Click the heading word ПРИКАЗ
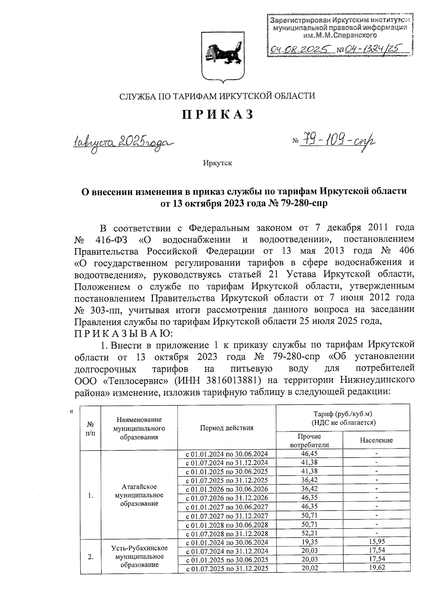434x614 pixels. click(x=217, y=114)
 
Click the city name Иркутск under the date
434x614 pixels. click(x=217, y=163)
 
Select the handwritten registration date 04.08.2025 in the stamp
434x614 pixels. click(x=300, y=49)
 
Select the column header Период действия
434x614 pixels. click(x=227, y=428)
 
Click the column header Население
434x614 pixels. click(x=376, y=440)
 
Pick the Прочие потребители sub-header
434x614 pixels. click(x=309, y=440)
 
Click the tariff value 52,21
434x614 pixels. click(x=309, y=533)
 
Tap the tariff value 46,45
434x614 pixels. click(x=309, y=454)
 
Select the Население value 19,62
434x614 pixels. click(x=376, y=568)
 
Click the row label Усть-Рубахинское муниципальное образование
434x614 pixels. click(x=139, y=556)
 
